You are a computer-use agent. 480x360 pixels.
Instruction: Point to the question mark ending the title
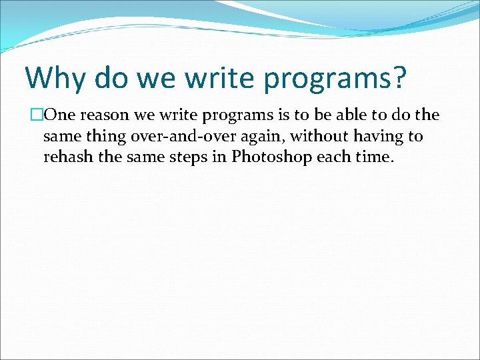coord(398,79)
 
